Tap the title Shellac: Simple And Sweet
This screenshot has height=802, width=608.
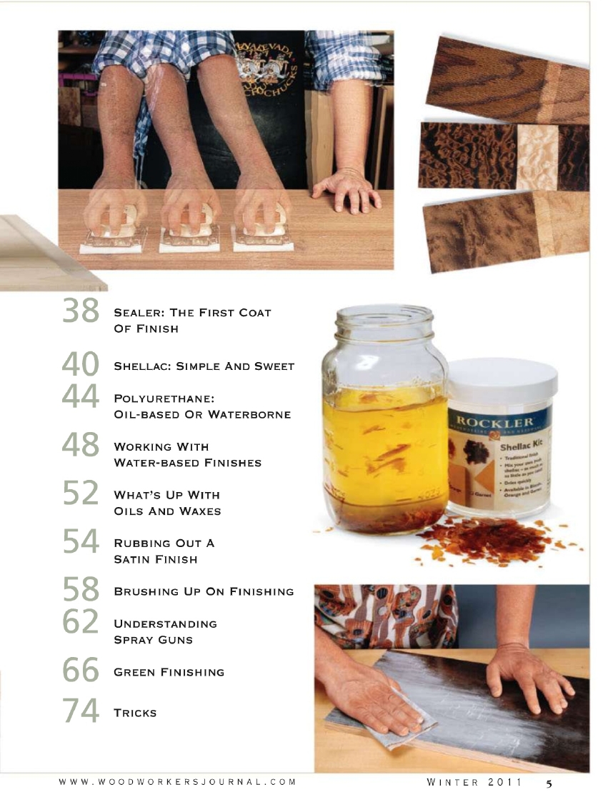(204, 366)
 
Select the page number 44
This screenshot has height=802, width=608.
(81, 394)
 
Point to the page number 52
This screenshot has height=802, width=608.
(81, 492)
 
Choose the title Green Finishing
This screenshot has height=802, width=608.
(169, 672)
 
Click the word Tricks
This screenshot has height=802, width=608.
(135, 713)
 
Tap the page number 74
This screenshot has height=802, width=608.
(81, 710)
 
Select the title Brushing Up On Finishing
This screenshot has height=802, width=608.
(204, 591)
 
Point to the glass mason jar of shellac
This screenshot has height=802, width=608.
(385, 421)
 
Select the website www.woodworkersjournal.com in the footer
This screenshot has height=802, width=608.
(177, 782)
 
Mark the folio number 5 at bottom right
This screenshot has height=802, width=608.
(549, 783)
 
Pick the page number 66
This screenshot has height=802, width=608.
(81, 670)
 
